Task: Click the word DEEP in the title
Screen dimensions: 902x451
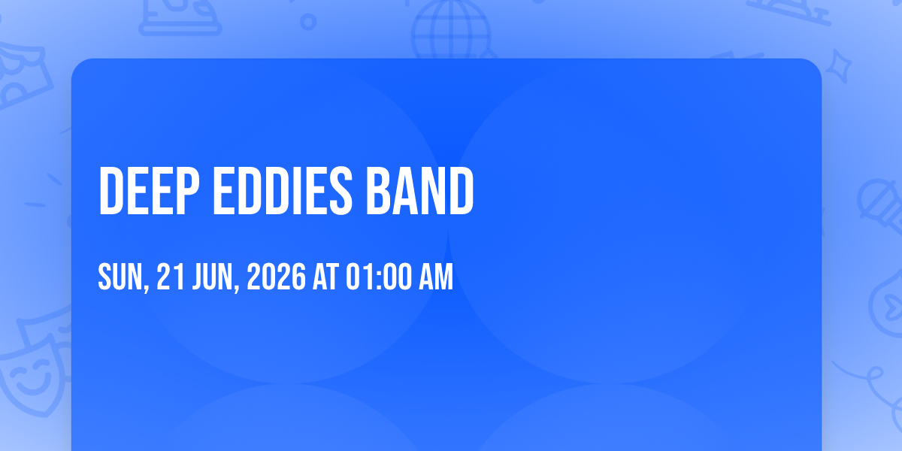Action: [x=149, y=190]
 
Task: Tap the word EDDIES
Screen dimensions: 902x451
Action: [x=283, y=190]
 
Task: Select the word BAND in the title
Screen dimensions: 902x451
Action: [x=420, y=190]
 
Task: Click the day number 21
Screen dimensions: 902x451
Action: [x=171, y=277]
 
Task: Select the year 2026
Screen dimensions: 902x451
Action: [x=277, y=277]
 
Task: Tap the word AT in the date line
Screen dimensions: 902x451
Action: [x=325, y=277]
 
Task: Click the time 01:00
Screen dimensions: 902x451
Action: [x=380, y=277]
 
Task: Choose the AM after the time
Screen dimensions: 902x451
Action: [x=436, y=277]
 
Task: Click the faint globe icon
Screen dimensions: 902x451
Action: [x=451, y=29]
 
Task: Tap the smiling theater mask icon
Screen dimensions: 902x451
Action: [x=35, y=374]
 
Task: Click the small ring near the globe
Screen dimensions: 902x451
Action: [x=308, y=22]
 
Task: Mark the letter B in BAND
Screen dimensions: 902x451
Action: [x=378, y=190]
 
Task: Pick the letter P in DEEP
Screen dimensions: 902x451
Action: [x=188, y=190]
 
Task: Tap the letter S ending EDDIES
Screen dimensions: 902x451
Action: [x=341, y=190]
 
